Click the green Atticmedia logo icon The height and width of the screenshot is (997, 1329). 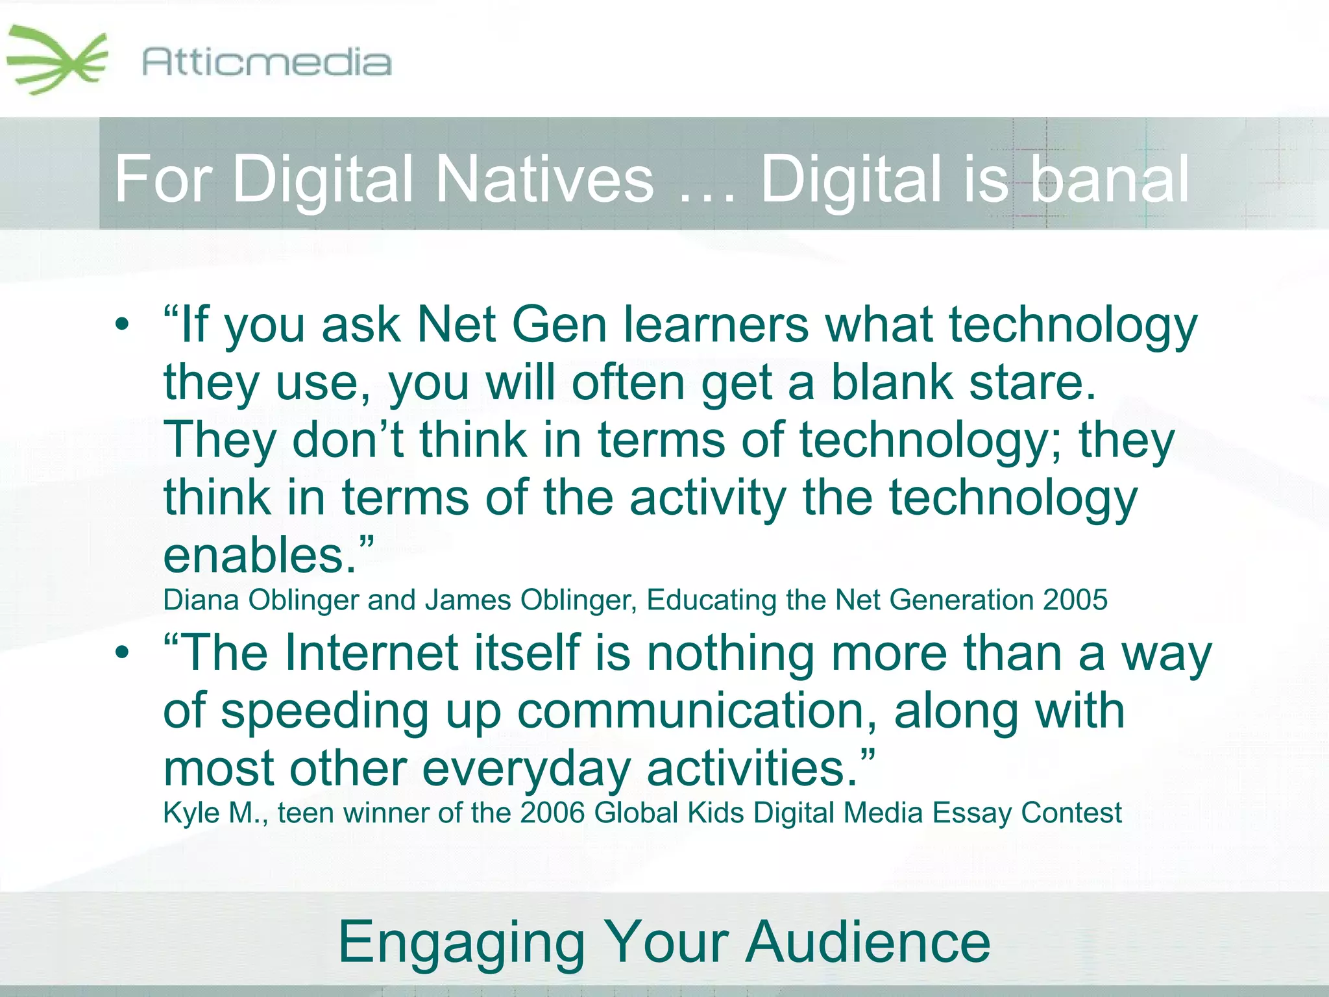(x=57, y=60)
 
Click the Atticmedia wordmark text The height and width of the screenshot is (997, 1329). (x=267, y=63)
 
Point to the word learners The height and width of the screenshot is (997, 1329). (x=716, y=324)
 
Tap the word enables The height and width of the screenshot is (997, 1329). (x=260, y=556)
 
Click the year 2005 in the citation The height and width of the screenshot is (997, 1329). (x=1075, y=600)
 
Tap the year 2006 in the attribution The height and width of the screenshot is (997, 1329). (x=552, y=813)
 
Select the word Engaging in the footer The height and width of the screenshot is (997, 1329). (x=461, y=942)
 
